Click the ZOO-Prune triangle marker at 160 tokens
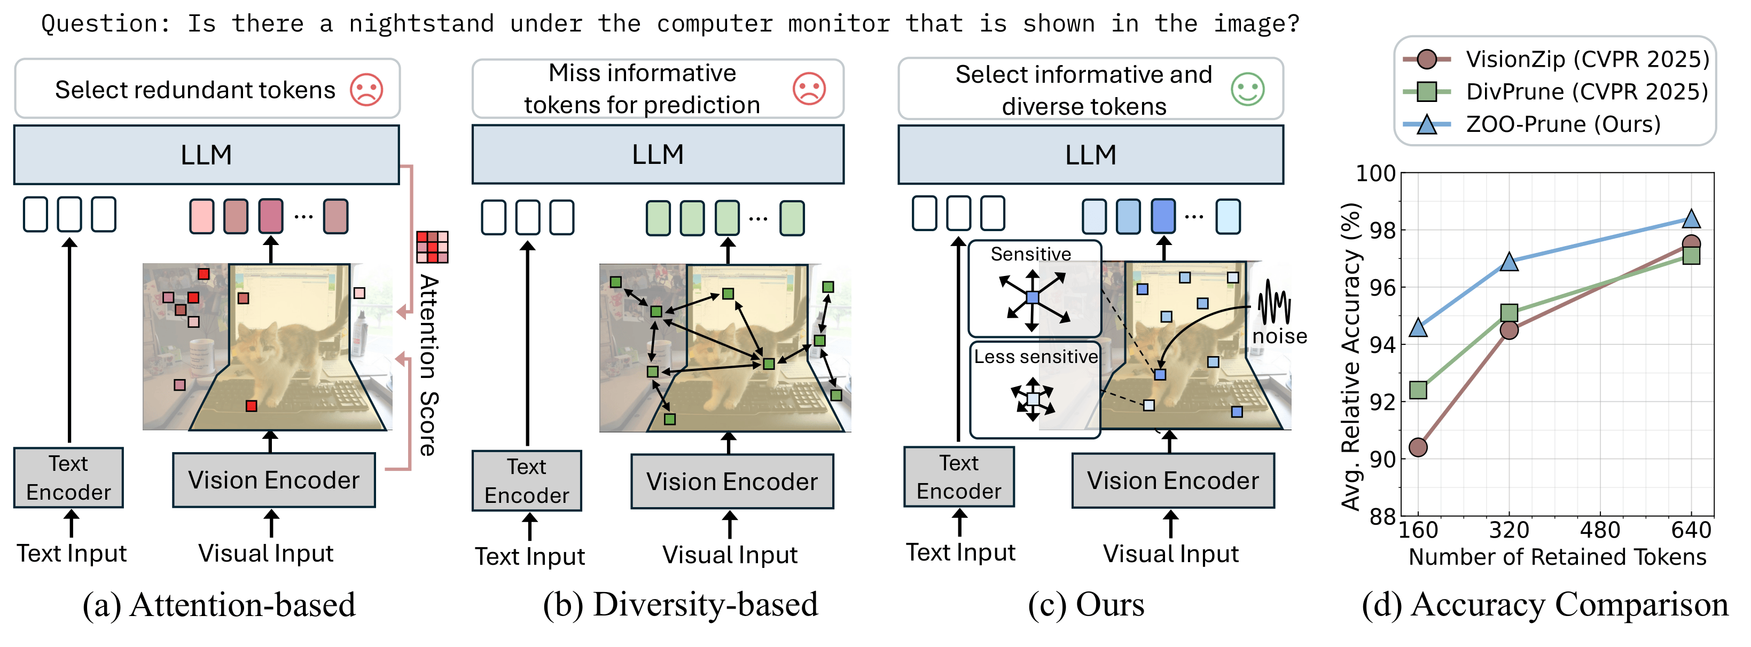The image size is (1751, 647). click(1418, 328)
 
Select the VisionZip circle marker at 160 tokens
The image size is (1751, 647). click(1418, 447)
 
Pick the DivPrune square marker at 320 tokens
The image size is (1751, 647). click(1509, 313)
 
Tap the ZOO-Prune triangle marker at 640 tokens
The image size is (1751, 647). click(1691, 219)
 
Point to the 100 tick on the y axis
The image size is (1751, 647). click(1376, 174)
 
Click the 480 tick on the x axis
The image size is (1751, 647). click(1600, 530)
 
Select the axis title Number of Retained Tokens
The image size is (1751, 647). click(1557, 557)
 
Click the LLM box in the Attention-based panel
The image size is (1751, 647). click(207, 155)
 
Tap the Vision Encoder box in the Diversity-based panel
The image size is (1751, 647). click(732, 482)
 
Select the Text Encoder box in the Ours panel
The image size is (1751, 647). click(958, 477)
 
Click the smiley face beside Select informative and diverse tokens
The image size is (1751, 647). click(1247, 89)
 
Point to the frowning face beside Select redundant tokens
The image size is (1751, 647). click(366, 89)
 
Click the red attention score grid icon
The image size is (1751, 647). click(432, 247)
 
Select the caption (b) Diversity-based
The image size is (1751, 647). click(681, 605)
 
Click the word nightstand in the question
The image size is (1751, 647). click(421, 24)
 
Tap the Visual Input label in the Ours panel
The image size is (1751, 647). click(1170, 554)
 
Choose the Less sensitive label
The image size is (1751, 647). click(1035, 357)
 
